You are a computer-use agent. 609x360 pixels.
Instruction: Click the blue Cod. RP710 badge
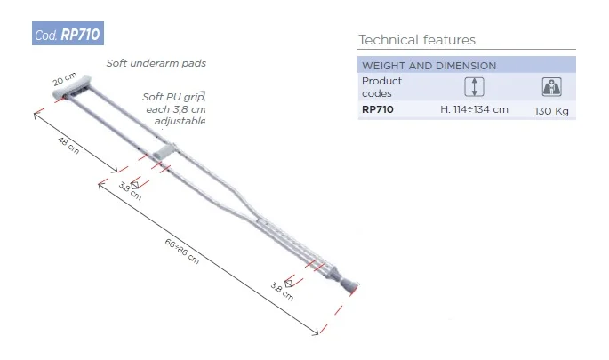click(x=68, y=34)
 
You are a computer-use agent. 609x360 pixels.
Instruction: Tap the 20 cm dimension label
click(x=65, y=79)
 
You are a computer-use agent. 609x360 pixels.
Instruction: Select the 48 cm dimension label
click(x=68, y=145)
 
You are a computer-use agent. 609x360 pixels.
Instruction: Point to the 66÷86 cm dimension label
click(x=181, y=252)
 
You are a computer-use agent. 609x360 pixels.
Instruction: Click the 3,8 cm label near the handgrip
click(x=130, y=191)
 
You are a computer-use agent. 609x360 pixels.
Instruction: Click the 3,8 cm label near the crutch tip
click(x=282, y=292)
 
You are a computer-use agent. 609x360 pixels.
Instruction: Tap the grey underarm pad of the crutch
click(x=72, y=87)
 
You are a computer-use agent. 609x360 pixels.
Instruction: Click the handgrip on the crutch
click(x=164, y=151)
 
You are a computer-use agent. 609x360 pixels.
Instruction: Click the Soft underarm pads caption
click(x=156, y=63)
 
